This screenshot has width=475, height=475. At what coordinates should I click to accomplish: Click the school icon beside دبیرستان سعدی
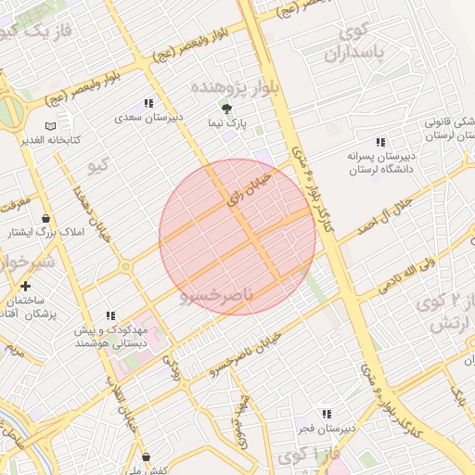point(148,104)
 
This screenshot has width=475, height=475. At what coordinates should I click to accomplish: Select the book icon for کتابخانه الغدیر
point(50,126)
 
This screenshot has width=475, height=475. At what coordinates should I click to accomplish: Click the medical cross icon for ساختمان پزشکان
point(25,287)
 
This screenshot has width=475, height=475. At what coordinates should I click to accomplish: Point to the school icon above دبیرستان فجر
point(327,414)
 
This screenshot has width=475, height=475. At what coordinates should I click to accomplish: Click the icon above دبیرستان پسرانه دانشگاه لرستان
point(380,142)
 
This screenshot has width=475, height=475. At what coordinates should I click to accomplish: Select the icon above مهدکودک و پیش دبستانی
point(111,316)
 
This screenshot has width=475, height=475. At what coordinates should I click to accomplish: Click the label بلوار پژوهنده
point(224,85)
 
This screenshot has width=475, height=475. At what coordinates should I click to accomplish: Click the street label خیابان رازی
point(250,186)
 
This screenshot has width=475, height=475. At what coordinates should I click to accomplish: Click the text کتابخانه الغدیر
point(51,140)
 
